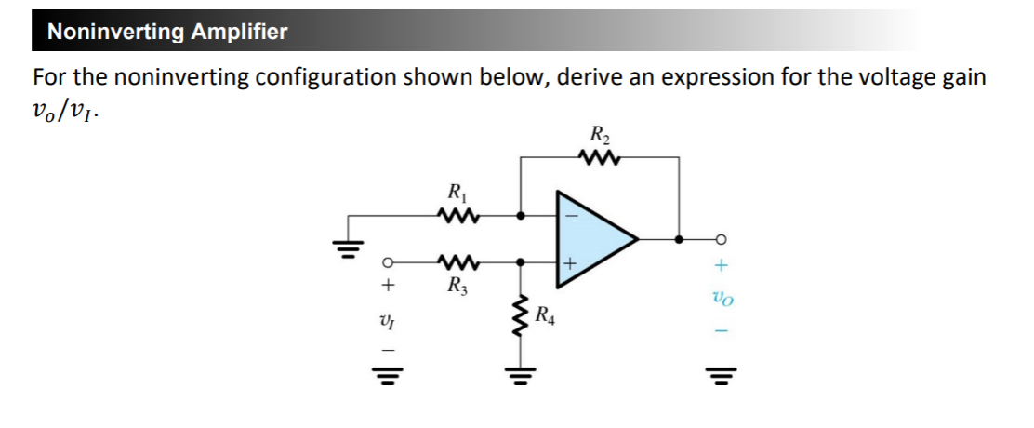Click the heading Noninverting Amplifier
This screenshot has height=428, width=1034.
tap(167, 32)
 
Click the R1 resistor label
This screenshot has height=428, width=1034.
tap(457, 195)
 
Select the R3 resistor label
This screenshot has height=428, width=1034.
tap(457, 285)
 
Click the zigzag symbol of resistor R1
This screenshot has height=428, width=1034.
tap(457, 217)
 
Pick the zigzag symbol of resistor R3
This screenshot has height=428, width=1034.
tap(457, 262)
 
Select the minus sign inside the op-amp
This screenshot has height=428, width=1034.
tap(572, 216)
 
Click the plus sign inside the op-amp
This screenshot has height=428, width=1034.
tap(572, 263)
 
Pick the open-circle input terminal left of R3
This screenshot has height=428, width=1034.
tap(391, 262)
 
